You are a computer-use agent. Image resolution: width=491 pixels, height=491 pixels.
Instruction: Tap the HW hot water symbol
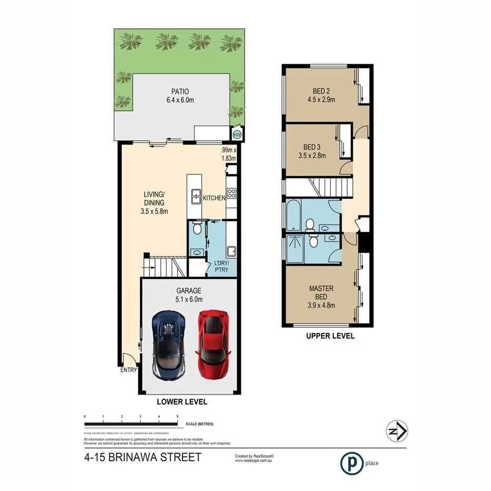click(x=237, y=134)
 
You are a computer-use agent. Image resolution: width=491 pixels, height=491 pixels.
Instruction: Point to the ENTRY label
click(x=129, y=370)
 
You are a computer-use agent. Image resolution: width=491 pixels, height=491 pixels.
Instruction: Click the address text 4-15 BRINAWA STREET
click(x=142, y=457)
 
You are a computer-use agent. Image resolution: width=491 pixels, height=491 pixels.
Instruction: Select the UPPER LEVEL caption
click(x=331, y=336)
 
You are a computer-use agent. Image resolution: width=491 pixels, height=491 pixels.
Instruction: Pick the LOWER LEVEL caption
click(x=182, y=401)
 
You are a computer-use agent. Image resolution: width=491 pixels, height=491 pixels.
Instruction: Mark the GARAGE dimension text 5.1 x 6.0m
click(x=189, y=300)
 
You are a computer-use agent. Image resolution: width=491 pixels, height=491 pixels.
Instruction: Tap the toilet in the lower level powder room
click(x=197, y=228)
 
